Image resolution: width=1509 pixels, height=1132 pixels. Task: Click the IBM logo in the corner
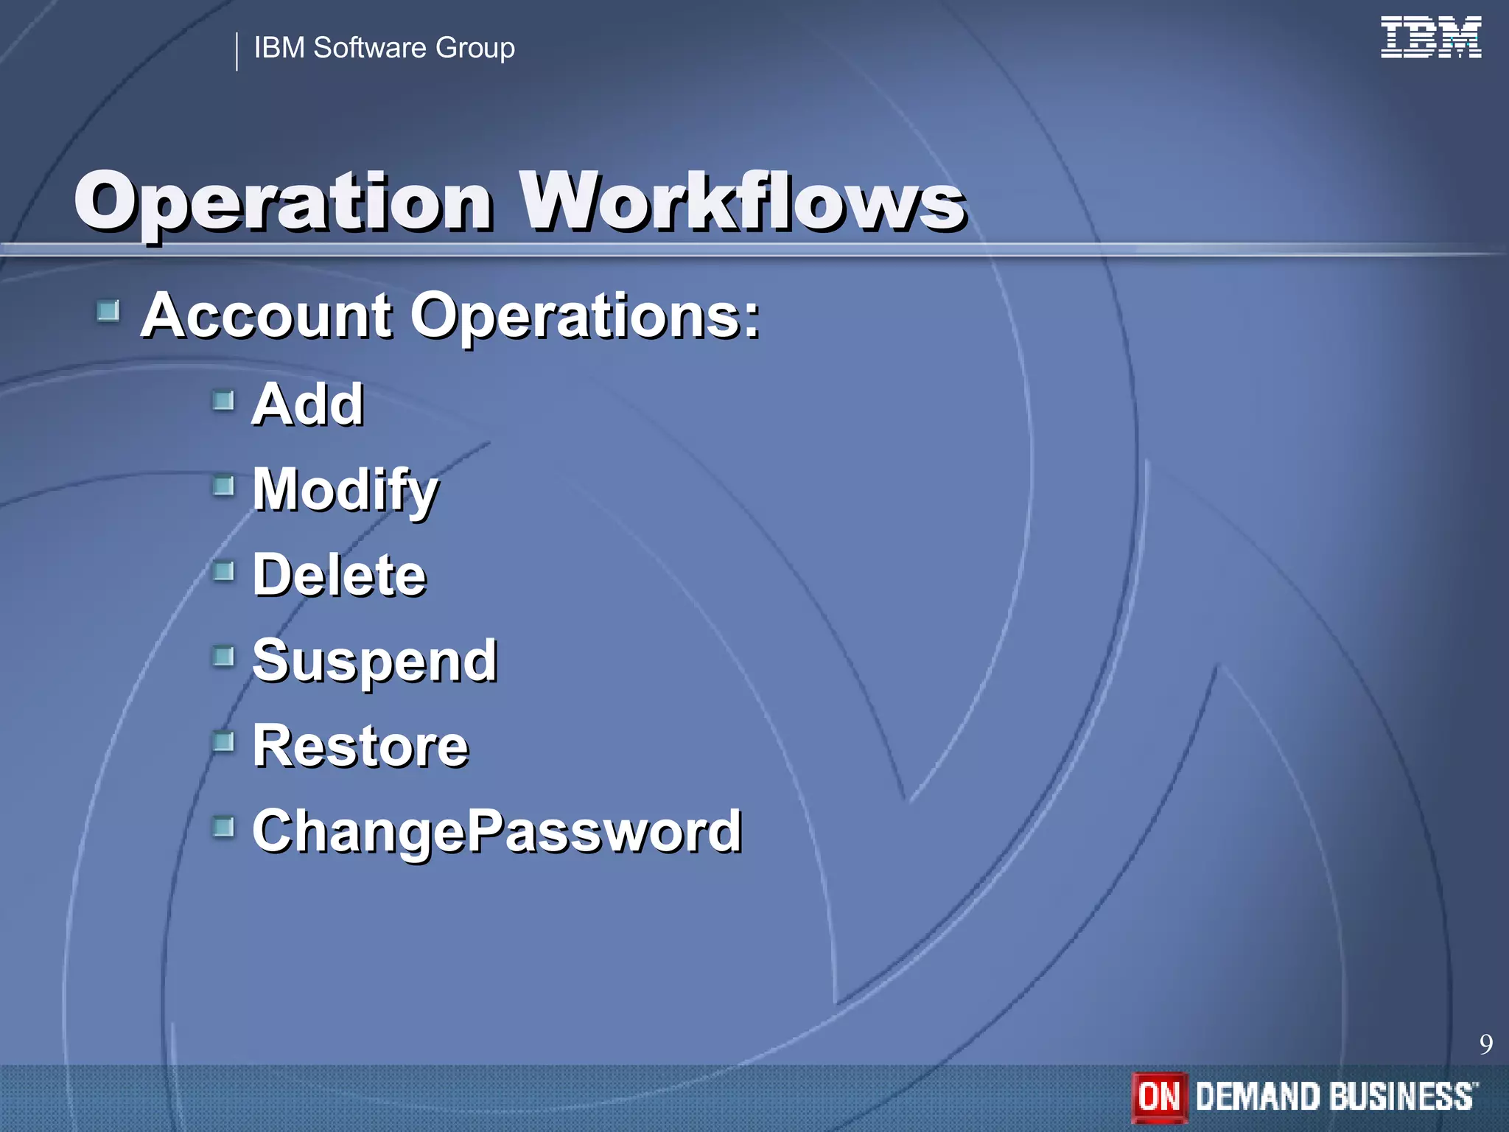[1430, 38]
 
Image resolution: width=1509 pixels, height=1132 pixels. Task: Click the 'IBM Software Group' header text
[384, 48]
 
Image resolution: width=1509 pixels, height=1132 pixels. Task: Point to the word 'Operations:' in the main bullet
[585, 317]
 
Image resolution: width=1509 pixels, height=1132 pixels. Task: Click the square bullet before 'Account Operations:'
[108, 311]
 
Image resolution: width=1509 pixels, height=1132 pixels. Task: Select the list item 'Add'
[308, 405]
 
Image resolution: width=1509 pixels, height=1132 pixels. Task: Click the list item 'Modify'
[345, 490]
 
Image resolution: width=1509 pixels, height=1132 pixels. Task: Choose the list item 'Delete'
[339, 575]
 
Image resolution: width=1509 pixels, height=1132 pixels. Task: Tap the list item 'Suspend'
[374, 661]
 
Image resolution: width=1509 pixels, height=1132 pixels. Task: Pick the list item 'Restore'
[360, 746]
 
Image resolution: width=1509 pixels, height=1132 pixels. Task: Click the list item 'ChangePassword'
[497, 831]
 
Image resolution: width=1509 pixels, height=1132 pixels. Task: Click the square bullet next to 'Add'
[223, 401]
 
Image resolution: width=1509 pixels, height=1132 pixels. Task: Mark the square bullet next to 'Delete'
[223, 571]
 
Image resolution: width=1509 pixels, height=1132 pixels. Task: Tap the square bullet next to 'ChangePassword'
[223, 827]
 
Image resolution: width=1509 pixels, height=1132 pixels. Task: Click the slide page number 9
[1485, 1044]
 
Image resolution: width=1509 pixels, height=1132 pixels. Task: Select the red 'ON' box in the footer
[1159, 1097]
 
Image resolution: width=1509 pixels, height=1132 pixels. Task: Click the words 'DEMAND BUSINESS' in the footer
[1335, 1097]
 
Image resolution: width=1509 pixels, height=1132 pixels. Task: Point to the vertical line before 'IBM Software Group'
[237, 52]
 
